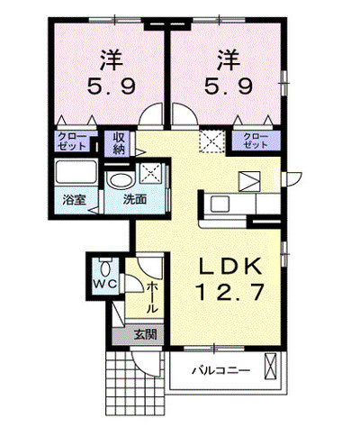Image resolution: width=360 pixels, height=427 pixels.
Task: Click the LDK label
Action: [229, 266]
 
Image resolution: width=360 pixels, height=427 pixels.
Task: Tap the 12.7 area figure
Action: [230, 292]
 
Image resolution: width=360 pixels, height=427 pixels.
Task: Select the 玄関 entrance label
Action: [146, 334]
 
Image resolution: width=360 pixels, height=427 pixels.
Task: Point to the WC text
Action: [104, 284]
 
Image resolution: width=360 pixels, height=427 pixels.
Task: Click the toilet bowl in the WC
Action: [104, 268]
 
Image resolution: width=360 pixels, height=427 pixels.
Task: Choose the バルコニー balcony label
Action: [220, 370]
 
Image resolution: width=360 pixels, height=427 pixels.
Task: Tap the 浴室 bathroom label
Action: [74, 200]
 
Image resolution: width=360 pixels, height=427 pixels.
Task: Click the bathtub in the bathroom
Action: [76, 172]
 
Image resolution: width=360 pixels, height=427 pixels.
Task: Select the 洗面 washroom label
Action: [135, 200]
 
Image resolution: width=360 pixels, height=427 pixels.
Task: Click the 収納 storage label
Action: [119, 143]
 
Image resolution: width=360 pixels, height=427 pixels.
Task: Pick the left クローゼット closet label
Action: [72, 141]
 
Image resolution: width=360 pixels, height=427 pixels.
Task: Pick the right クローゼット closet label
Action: [256, 141]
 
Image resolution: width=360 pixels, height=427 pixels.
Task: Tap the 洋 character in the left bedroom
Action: [112, 60]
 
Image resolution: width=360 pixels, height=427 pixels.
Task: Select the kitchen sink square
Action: [220, 204]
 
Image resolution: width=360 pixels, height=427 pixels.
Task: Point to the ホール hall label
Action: [152, 296]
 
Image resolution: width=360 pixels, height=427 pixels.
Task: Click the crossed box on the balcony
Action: [270, 366]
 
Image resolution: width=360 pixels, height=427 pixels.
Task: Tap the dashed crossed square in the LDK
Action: [212, 141]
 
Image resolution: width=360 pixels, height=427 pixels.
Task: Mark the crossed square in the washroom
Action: [151, 173]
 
